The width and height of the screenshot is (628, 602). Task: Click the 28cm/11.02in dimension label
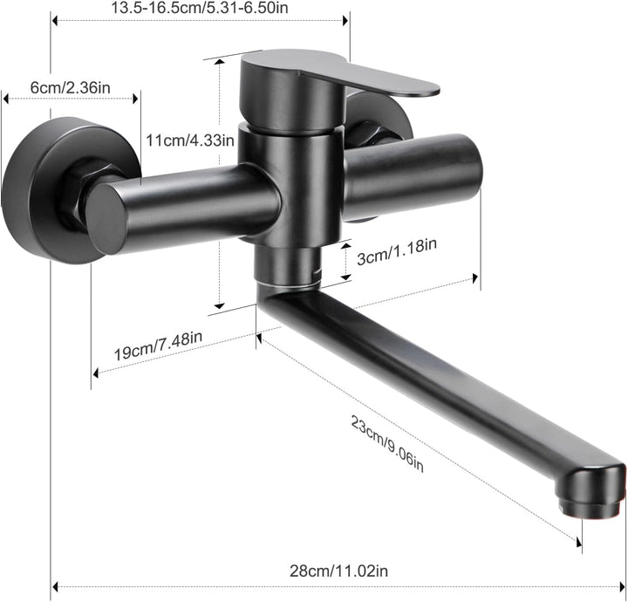click(338, 571)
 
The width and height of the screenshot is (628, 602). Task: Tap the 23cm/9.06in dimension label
click(387, 443)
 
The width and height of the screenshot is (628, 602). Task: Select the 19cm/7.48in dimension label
click(158, 345)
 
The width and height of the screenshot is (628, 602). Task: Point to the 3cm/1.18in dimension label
click(397, 251)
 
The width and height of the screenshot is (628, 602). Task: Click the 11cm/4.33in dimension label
click(190, 140)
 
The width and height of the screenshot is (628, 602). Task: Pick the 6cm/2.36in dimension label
click(71, 87)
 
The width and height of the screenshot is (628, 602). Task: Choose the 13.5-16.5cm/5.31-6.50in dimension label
click(200, 8)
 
